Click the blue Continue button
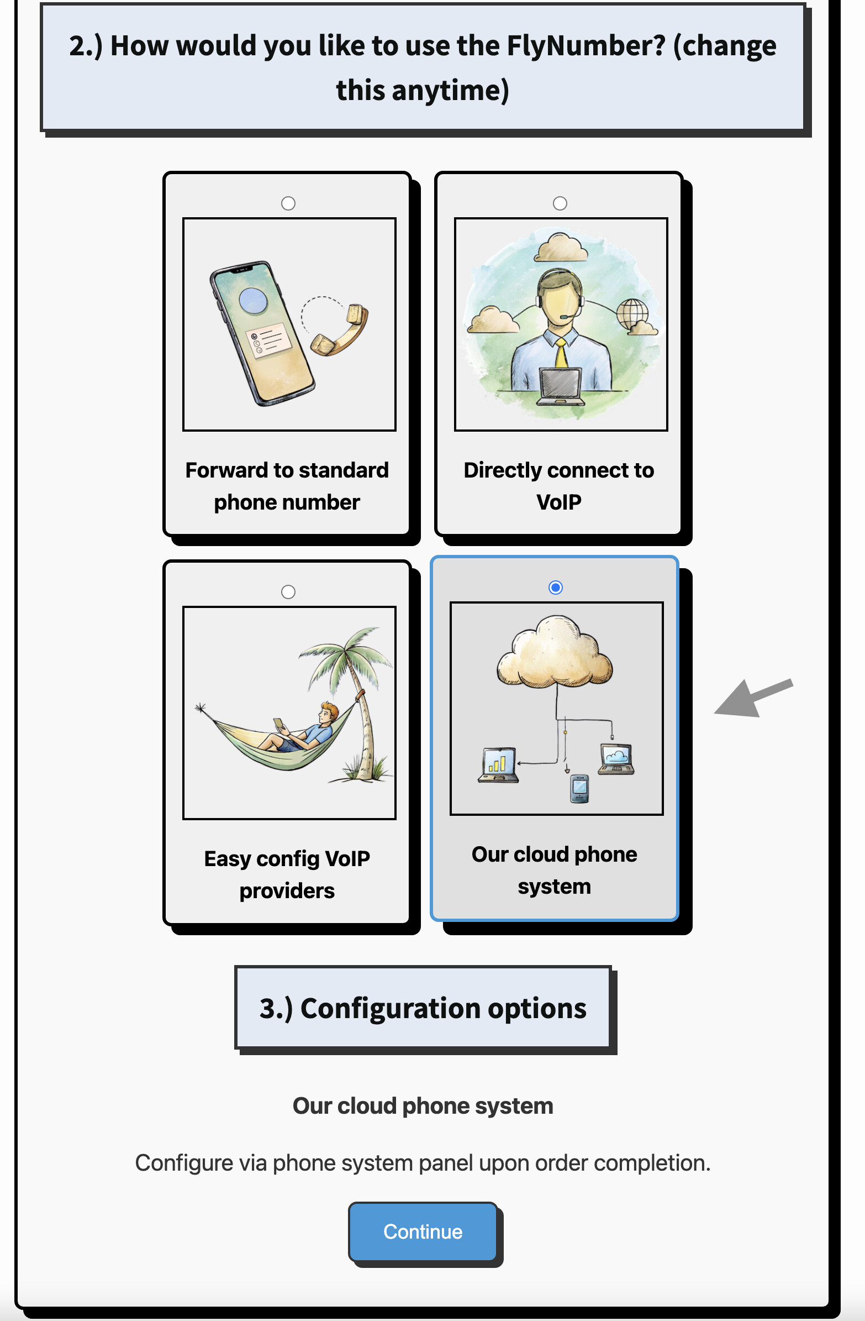click(x=423, y=1231)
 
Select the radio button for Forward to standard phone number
click(x=288, y=203)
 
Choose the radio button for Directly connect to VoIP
click(x=560, y=203)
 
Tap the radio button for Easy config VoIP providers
click(x=288, y=591)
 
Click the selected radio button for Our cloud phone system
click(x=555, y=587)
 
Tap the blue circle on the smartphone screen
click(x=254, y=300)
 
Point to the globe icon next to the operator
click(x=633, y=313)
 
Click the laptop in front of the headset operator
click(x=561, y=386)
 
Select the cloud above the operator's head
click(x=561, y=248)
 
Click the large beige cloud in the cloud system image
click(x=554, y=652)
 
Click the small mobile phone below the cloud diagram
click(x=579, y=788)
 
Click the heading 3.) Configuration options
click(x=423, y=1008)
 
